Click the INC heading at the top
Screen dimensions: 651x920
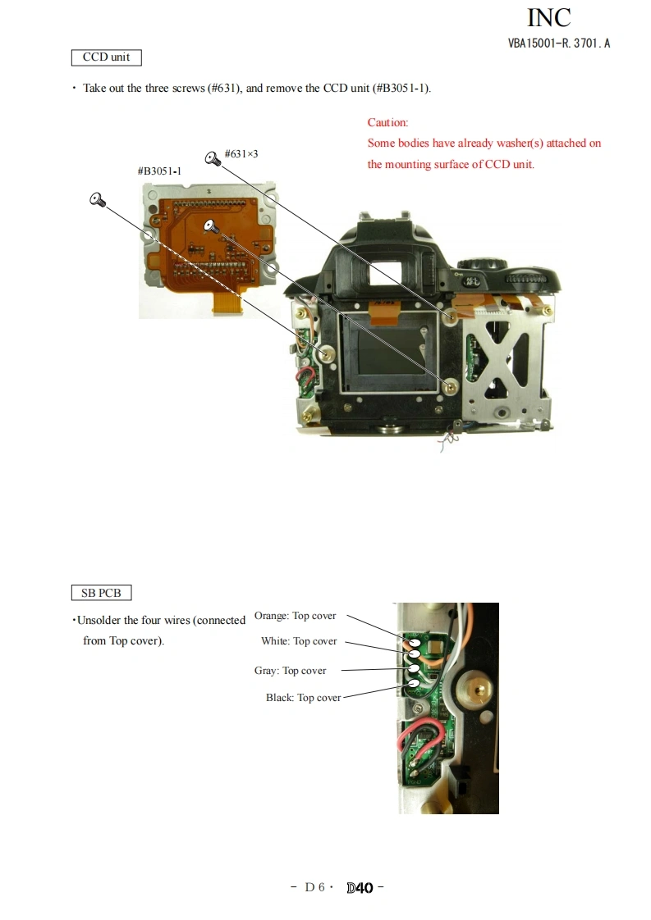(x=548, y=18)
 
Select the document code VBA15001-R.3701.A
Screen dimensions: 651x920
(x=558, y=43)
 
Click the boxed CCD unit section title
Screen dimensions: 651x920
(x=106, y=57)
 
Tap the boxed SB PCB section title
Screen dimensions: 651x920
(x=101, y=592)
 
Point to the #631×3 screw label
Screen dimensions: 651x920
(x=241, y=153)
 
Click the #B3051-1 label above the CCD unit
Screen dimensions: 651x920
(x=159, y=171)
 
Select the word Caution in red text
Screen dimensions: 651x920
(x=387, y=122)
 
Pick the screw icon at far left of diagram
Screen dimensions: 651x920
(x=97, y=199)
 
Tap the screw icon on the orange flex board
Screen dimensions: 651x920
(x=209, y=225)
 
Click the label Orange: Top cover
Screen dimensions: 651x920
(x=295, y=616)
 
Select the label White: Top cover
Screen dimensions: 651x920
(x=299, y=641)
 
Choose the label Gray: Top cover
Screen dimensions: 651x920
(x=290, y=671)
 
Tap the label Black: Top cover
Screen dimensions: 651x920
(x=303, y=698)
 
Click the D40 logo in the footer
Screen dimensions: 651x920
(x=360, y=887)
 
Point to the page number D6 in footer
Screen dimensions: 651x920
(x=315, y=887)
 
